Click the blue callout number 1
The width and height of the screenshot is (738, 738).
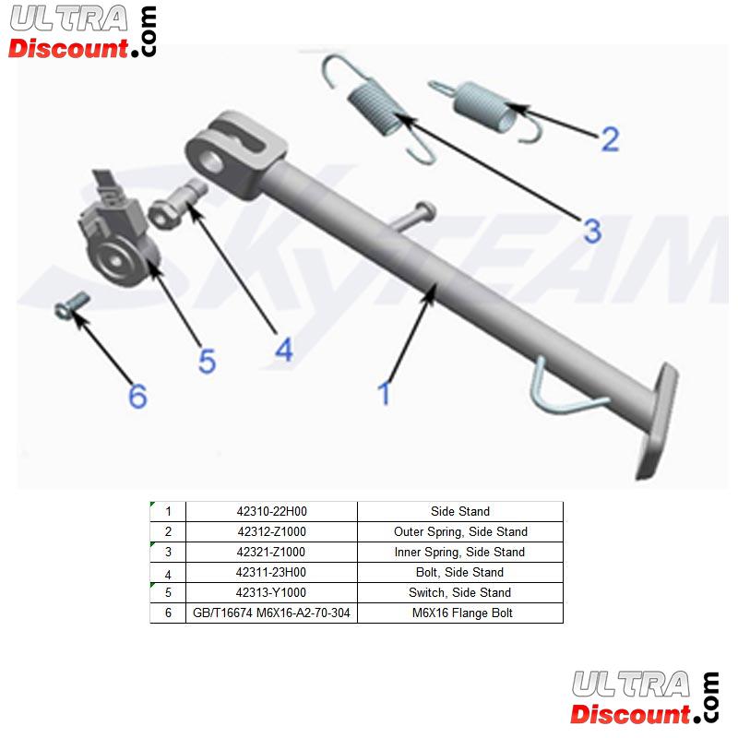click(385, 393)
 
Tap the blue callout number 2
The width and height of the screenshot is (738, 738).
click(611, 139)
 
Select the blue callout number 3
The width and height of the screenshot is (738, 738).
click(592, 232)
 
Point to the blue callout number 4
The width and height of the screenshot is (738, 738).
click(284, 350)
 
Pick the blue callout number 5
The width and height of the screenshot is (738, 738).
click(207, 361)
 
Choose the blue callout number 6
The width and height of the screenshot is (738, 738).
click(137, 396)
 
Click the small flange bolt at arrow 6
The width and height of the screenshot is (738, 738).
click(72, 305)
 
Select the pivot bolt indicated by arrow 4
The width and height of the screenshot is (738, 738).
click(177, 204)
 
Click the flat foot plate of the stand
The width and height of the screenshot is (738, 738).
click(658, 420)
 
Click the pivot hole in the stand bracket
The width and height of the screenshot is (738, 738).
click(212, 160)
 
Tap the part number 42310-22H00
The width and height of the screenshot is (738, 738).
click(271, 511)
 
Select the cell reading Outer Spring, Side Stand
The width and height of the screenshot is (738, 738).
click(460, 532)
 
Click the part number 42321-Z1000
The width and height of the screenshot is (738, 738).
click(270, 552)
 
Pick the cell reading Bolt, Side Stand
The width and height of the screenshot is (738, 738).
click(459, 572)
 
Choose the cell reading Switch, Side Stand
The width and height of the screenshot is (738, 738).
click(459, 592)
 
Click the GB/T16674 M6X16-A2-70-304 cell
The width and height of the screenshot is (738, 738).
click(271, 613)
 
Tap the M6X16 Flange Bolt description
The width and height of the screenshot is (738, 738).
click(462, 613)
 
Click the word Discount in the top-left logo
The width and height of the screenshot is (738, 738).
click(68, 49)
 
